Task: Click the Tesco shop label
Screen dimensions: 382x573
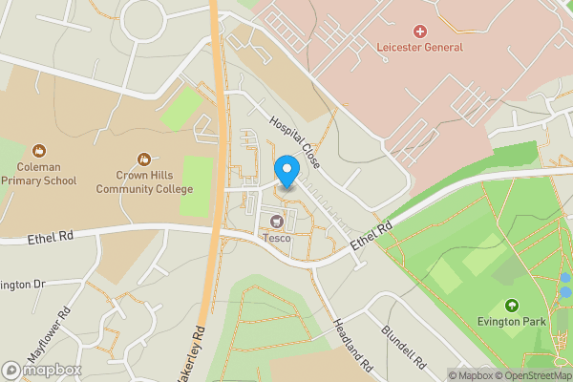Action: (x=277, y=238)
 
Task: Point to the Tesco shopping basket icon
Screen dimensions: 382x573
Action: (x=277, y=223)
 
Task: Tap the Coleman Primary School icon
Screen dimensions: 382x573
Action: (x=39, y=151)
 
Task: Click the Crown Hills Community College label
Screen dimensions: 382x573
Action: (x=144, y=182)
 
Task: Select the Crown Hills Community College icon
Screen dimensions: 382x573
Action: (x=144, y=159)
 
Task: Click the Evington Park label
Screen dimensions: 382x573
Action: (x=512, y=322)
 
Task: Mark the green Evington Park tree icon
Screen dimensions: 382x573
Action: (x=512, y=306)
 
